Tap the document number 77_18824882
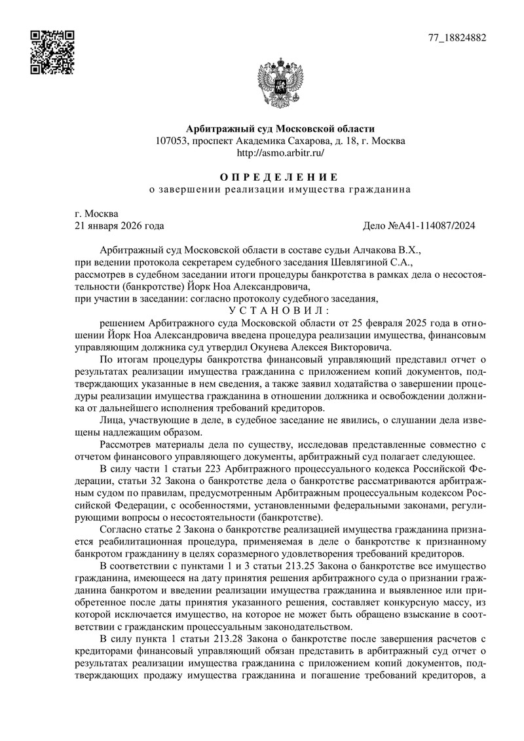point(457,37)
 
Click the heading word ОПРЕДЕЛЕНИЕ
point(279,177)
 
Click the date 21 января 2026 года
point(120,226)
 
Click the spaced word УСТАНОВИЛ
point(280,310)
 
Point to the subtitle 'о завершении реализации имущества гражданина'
point(280,190)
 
